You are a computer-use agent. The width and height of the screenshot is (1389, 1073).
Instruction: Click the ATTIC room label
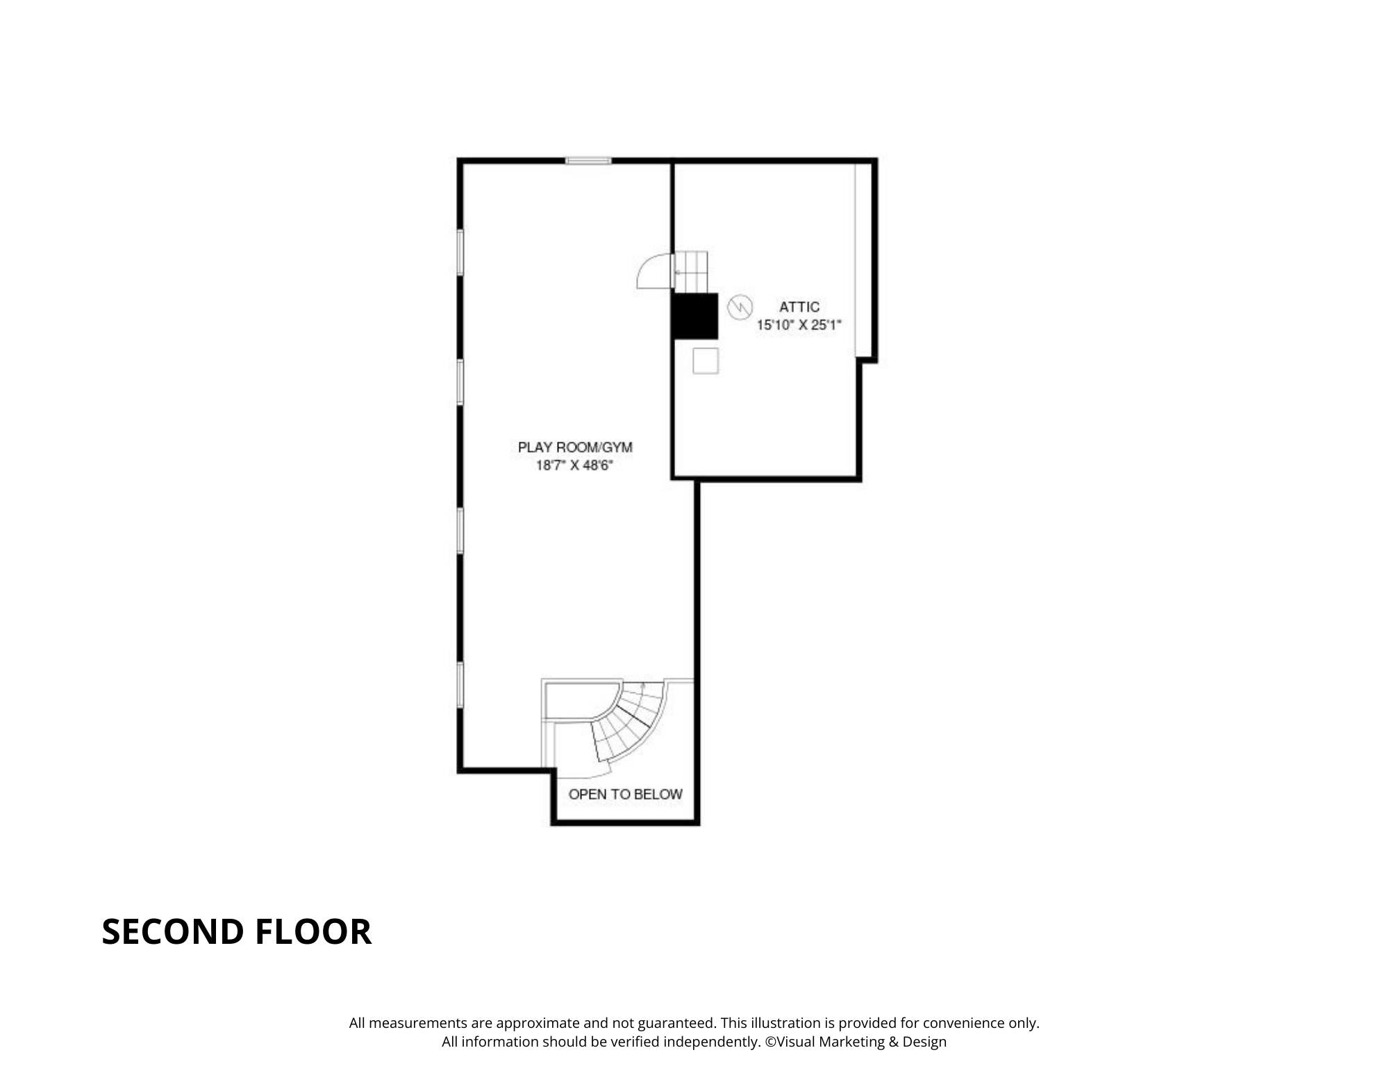(x=799, y=307)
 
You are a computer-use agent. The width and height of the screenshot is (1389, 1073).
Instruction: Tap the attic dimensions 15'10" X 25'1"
(x=799, y=324)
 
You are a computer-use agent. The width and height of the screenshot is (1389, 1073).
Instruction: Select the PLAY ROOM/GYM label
(x=575, y=447)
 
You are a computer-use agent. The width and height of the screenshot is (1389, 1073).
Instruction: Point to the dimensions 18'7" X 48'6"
(x=574, y=465)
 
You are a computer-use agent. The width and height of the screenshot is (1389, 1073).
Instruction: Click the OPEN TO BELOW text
(x=625, y=794)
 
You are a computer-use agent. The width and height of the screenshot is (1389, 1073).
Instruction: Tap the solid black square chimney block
(x=694, y=316)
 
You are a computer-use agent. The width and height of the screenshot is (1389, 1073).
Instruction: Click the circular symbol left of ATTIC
(x=740, y=306)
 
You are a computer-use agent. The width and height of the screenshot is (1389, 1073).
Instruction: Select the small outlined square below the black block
(x=705, y=360)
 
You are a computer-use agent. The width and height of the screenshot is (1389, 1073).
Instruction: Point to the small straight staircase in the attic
(x=692, y=272)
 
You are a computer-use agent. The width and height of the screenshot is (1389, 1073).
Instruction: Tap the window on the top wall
(x=588, y=161)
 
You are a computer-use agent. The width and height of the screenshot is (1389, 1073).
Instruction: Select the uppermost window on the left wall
(x=460, y=252)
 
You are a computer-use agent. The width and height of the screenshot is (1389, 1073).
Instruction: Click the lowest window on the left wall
(x=460, y=685)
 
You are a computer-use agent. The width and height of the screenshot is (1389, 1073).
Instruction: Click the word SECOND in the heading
(x=173, y=932)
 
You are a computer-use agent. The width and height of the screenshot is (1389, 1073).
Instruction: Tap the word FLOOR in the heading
(x=313, y=932)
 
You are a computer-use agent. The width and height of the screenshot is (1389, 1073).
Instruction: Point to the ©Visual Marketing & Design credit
(x=856, y=1042)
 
